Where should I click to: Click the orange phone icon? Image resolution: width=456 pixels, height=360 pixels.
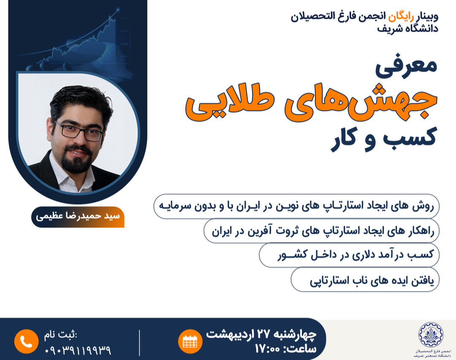pyautogui.click(x=26, y=341)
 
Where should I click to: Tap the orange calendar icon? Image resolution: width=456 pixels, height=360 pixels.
pyautogui.click(x=190, y=341)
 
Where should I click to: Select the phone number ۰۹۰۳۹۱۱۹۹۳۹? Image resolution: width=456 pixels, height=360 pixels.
pyautogui.click(x=78, y=350)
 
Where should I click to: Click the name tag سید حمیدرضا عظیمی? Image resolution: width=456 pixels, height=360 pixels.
pyautogui.click(x=78, y=217)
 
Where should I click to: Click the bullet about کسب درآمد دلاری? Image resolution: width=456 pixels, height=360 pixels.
pyautogui.click(x=350, y=255)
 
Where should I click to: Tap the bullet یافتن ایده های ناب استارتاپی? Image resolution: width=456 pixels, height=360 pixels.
pyautogui.click(x=366, y=280)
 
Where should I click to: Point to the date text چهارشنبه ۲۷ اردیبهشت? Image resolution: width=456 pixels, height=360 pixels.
pyautogui.click(x=261, y=334)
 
